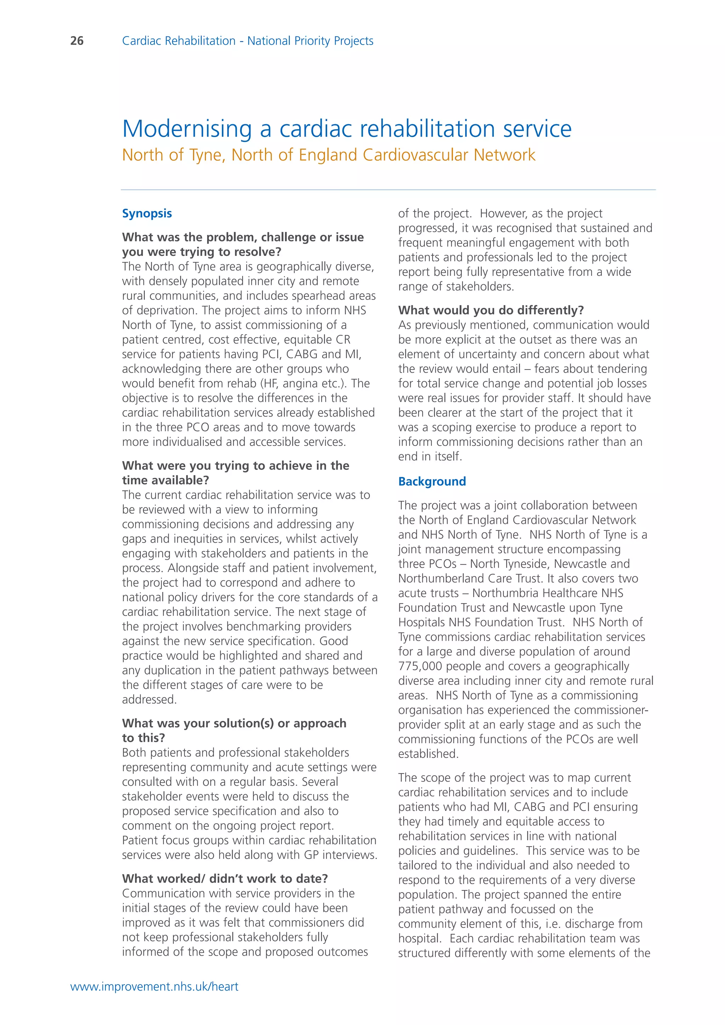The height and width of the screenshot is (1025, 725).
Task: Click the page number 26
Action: click(77, 41)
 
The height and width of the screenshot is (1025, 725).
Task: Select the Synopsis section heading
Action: click(147, 213)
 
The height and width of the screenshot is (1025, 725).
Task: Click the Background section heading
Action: click(432, 481)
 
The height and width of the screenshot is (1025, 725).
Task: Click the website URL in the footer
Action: click(154, 986)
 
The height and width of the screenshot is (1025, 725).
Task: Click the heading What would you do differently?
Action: click(491, 310)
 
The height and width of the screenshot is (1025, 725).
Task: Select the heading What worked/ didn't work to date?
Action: click(224, 878)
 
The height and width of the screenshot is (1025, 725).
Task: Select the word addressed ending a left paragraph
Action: click(149, 699)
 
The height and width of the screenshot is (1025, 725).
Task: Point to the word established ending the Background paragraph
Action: click(428, 754)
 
